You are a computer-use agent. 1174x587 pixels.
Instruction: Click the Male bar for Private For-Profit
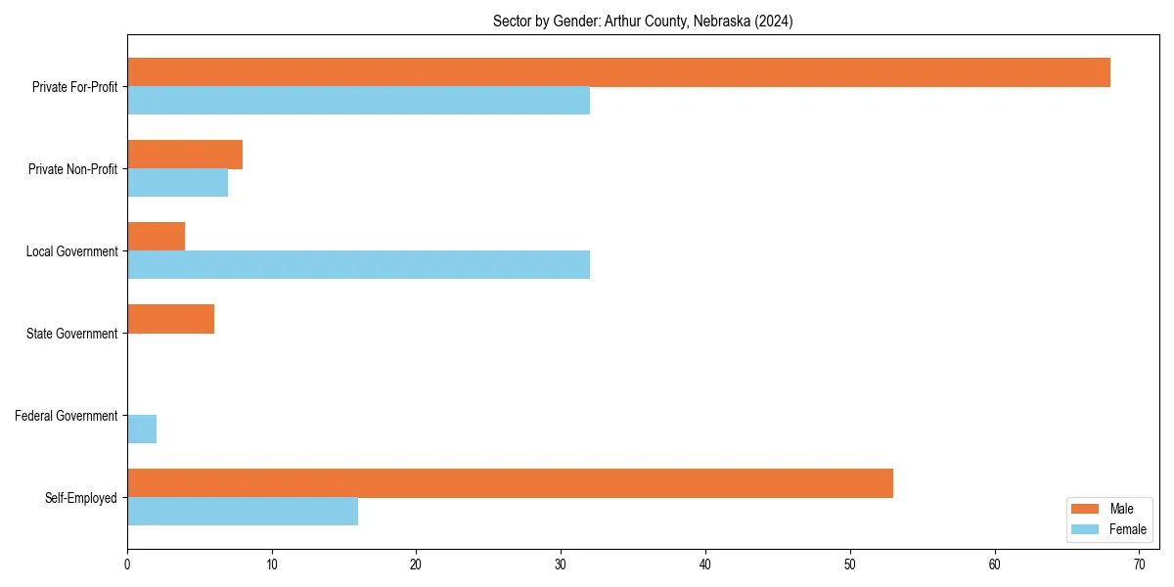pos(618,72)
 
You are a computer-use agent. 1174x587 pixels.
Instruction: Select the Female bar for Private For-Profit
pos(358,101)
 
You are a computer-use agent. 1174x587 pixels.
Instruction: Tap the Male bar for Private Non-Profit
pos(185,155)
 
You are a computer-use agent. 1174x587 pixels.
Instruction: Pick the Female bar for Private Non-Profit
pos(177,183)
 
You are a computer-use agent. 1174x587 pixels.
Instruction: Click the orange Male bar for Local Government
pos(156,237)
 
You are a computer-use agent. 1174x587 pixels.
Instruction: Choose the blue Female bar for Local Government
pos(358,265)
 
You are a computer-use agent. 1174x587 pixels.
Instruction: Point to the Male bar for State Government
pos(170,319)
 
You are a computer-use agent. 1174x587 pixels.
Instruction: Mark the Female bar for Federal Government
pos(142,429)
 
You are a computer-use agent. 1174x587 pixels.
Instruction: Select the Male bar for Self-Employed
pos(510,483)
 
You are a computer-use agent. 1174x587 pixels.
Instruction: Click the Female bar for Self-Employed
pos(243,512)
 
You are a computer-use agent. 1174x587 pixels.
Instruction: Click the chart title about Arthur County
pos(643,22)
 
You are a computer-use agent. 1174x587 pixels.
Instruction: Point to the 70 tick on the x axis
pos(1140,564)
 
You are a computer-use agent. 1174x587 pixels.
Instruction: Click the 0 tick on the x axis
pos(127,564)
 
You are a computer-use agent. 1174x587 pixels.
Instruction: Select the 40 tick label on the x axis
pos(705,564)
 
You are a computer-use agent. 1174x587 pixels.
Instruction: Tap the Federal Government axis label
pos(67,416)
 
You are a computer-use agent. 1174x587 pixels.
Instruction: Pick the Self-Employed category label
pos(81,498)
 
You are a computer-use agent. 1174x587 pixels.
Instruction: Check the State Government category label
pos(72,334)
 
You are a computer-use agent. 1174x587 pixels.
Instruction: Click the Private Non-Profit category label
pos(73,169)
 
